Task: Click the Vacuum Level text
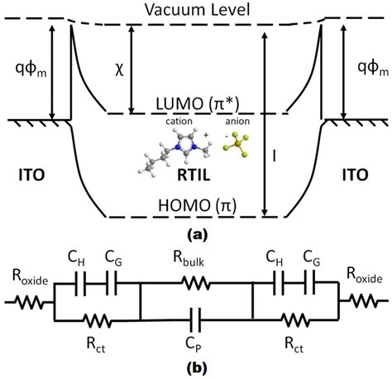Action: tap(196, 9)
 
